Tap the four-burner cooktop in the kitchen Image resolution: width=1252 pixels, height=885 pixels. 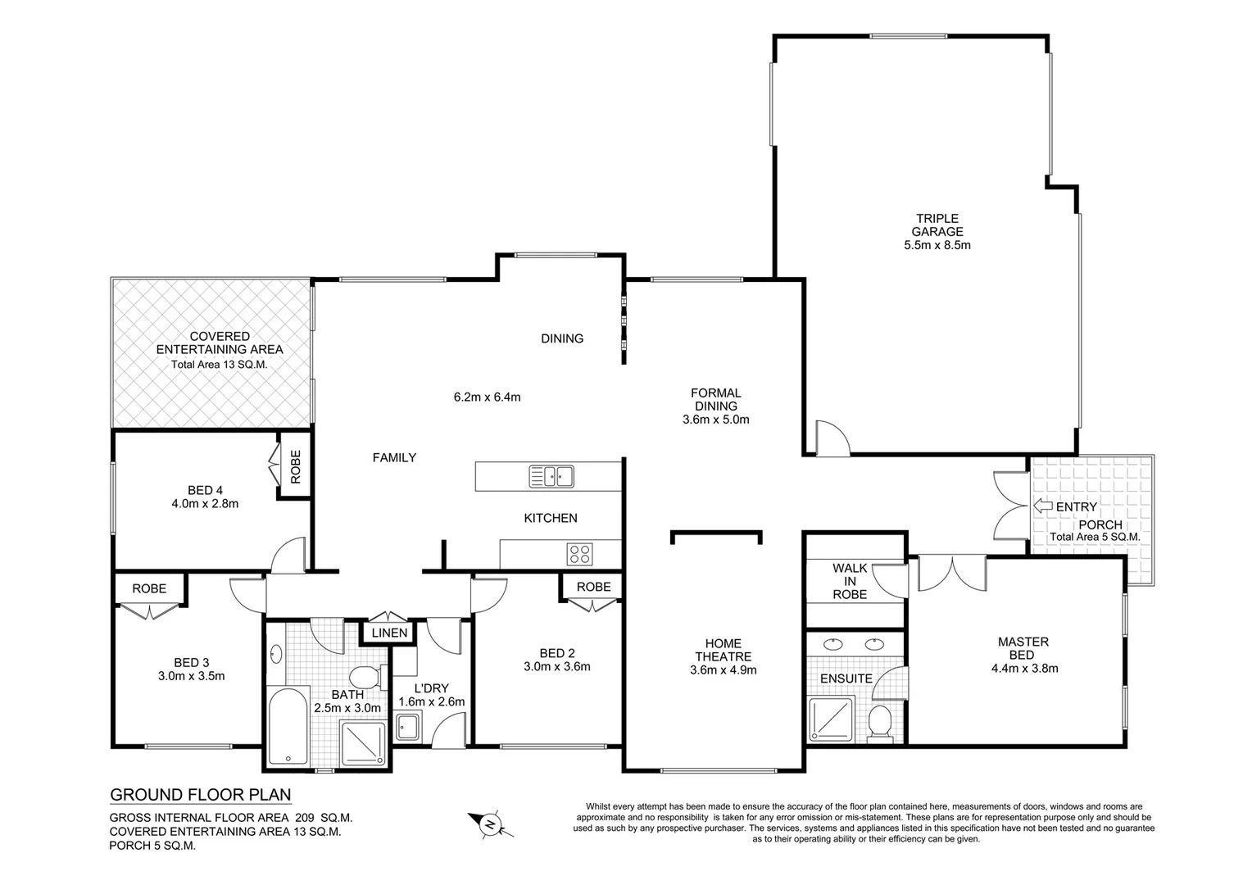pos(579,554)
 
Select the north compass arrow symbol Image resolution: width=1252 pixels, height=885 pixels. pos(490,824)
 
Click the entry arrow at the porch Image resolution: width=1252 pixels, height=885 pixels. pos(1042,506)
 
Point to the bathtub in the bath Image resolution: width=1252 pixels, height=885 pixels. pos(287,726)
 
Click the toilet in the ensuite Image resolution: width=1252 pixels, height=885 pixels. pos(880,723)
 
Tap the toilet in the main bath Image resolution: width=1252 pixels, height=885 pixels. pos(364,678)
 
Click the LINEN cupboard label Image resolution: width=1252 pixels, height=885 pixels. pos(389,633)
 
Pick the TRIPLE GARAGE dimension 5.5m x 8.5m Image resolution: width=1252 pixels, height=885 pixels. pos(937,245)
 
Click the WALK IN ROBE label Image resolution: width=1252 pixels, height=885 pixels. pos(850,581)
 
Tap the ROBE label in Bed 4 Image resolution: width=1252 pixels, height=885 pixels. pos(296,465)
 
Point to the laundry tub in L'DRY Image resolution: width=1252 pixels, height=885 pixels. pos(407,727)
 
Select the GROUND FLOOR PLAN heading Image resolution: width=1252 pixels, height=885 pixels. pos(201,795)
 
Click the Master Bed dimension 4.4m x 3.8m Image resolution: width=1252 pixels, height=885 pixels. pos(1023,668)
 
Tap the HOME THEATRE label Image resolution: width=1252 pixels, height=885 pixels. pos(723,650)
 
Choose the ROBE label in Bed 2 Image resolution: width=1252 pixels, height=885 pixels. pos(593,587)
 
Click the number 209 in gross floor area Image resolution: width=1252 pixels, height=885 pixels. pos(304,818)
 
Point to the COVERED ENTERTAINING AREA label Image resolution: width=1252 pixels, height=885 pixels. pos(220,343)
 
